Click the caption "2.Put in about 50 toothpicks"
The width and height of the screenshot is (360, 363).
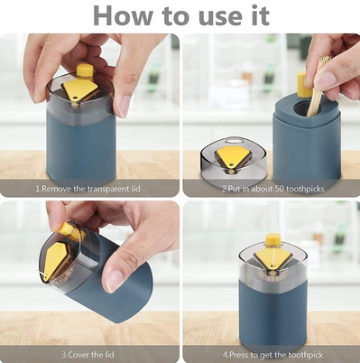pyautogui.click(x=272, y=189)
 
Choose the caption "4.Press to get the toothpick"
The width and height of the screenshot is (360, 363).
pyautogui.click(x=272, y=355)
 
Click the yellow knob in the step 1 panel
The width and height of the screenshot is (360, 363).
pyautogui.click(x=85, y=70)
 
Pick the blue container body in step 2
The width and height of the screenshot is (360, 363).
pyautogui.click(x=306, y=149)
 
